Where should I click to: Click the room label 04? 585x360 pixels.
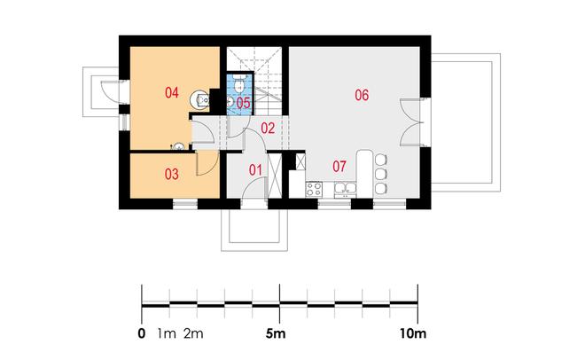(172, 92)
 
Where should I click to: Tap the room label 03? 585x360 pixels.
(172, 174)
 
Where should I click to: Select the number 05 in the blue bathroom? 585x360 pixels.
(243, 103)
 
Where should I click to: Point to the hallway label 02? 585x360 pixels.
(268, 128)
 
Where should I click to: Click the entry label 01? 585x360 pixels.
(255, 170)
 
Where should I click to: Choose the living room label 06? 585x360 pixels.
(362, 95)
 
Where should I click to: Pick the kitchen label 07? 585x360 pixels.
(339, 167)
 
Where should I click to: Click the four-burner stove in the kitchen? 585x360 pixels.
(314, 189)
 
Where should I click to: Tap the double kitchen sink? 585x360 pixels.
(345, 190)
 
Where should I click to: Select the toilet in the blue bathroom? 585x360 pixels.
(238, 84)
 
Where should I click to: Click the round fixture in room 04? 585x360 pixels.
(200, 100)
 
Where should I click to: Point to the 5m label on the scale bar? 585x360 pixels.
(276, 333)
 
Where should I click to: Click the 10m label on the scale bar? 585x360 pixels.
(413, 333)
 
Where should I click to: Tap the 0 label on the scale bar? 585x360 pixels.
(142, 333)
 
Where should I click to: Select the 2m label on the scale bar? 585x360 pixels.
(193, 333)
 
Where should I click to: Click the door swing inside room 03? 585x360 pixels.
(207, 162)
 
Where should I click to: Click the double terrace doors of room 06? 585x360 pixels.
(410, 122)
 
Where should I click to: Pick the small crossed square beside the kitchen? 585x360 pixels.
(300, 161)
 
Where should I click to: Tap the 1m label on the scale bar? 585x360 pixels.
(167, 333)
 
